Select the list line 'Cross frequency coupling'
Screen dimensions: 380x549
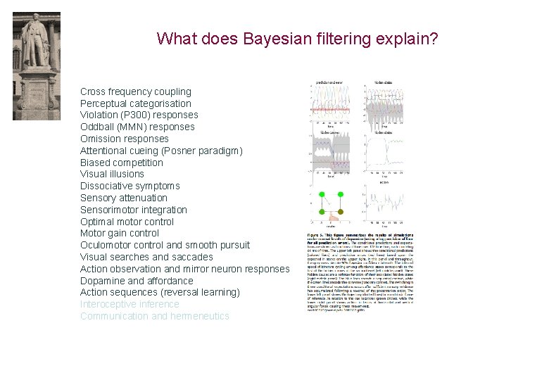click(135, 91)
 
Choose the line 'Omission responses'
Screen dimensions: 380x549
click(124, 139)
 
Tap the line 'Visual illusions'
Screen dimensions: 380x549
click(112, 174)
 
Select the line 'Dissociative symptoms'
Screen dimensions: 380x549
click(130, 186)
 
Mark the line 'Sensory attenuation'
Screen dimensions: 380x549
click(123, 198)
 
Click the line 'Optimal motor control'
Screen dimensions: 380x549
click(127, 222)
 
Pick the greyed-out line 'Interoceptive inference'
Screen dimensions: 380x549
click(130, 304)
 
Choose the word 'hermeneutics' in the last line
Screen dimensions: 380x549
click(201, 316)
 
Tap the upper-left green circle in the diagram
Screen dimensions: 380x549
click(321, 194)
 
